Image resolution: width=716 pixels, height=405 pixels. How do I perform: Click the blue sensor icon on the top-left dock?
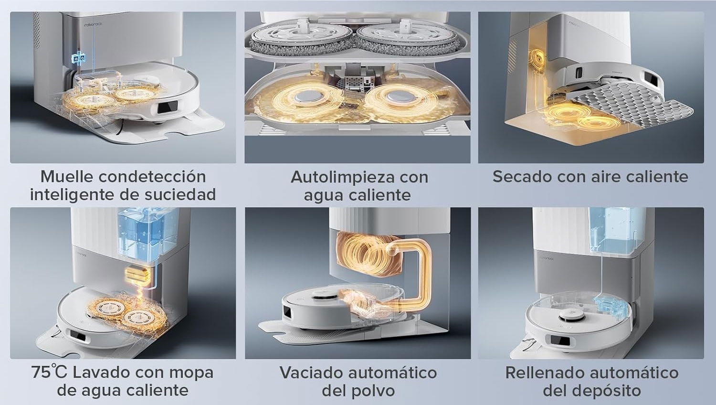[x=77, y=58]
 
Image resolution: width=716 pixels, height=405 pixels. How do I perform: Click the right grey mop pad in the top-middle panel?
[x=408, y=39]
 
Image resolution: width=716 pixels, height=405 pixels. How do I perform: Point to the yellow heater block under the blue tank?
[x=136, y=276]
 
